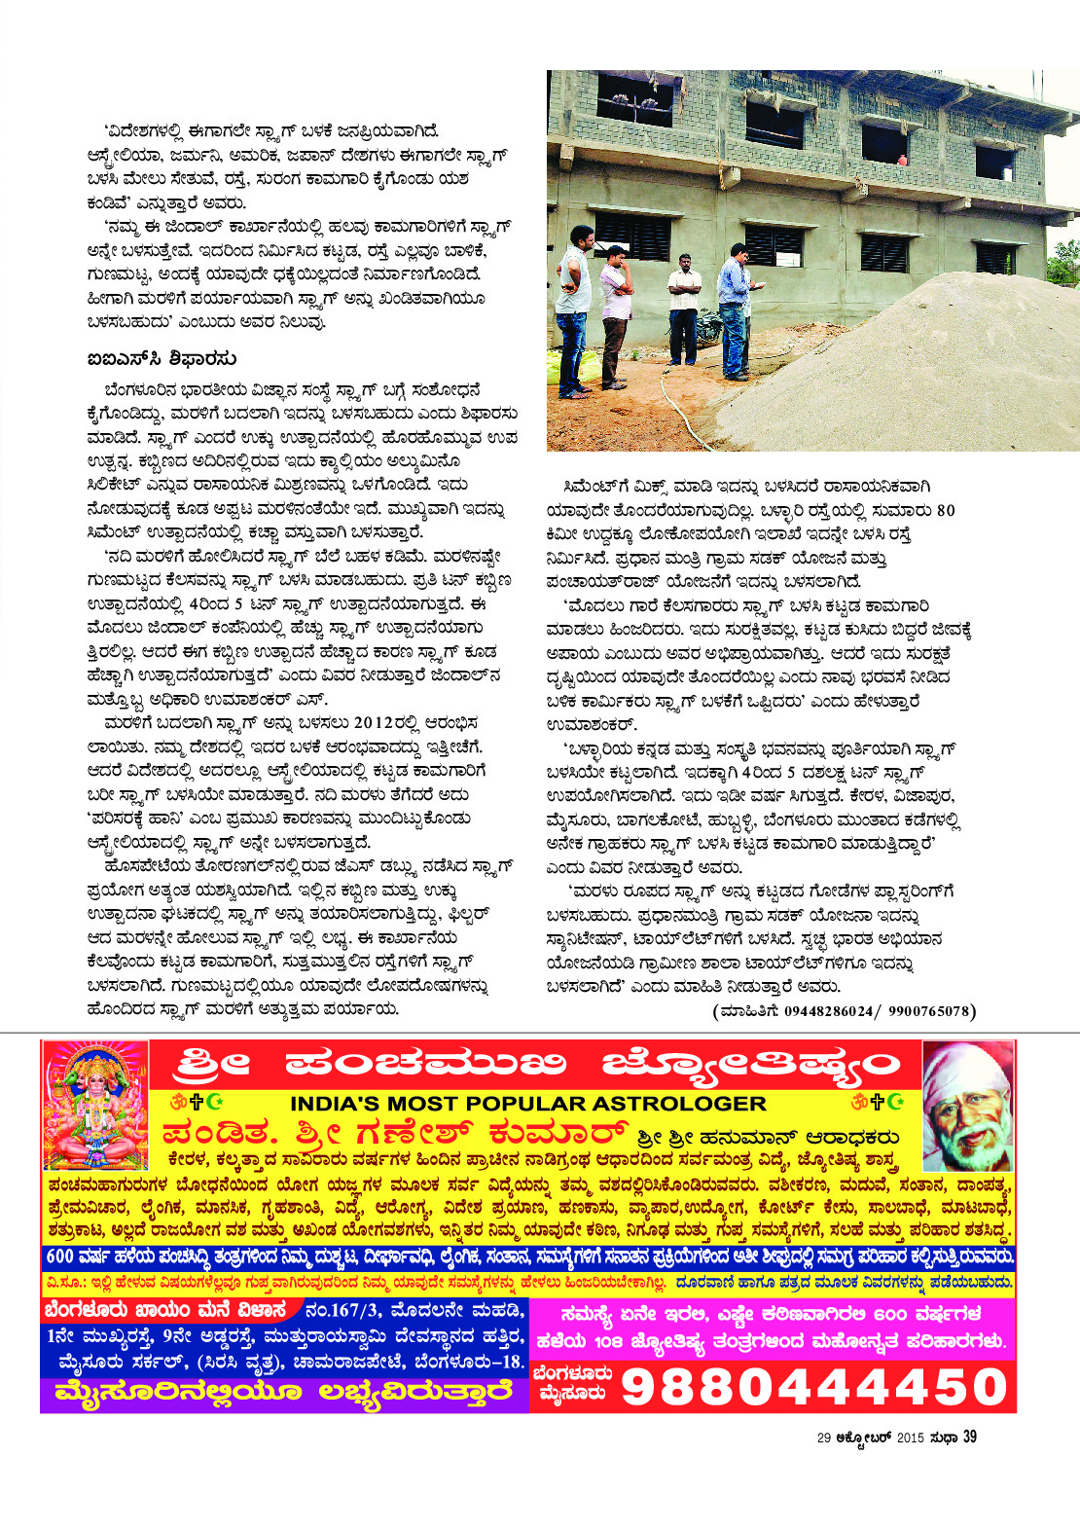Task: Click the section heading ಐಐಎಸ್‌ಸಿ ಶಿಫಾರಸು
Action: (162, 359)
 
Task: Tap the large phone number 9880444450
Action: (813, 1386)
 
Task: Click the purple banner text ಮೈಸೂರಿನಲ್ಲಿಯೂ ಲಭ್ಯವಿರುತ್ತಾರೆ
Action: (283, 1393)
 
